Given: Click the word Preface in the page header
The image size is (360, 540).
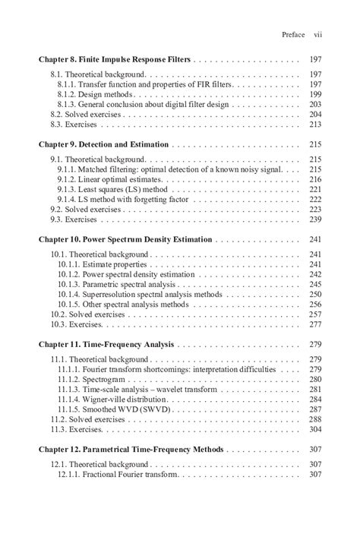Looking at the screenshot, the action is [x=292, y=35].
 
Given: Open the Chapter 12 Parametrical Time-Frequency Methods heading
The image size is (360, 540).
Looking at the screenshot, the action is [x=131, y=450].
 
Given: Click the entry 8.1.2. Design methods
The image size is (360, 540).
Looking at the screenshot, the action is [x=96, y=93].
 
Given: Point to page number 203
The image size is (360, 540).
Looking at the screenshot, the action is [x=316, y=103].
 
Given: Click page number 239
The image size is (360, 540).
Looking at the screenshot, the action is [x=316, y=219].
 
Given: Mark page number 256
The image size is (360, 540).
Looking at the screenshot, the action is [x=316, y=304].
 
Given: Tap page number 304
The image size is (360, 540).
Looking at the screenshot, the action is [x=316, y=428].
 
